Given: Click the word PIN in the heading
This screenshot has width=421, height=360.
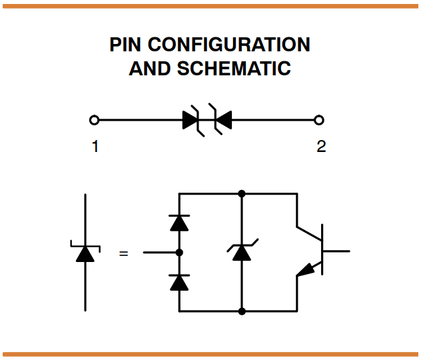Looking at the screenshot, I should point(126,45).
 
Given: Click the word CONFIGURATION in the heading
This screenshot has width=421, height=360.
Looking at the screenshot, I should point(228,45).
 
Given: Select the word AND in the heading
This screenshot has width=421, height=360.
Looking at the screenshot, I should point(151,68).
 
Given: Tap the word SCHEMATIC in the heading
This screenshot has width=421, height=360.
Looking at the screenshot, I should point(234,68).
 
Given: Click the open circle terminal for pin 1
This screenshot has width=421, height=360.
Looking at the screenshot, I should point(95,120).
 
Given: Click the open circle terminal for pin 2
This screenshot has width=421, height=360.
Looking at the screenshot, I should point(319,120).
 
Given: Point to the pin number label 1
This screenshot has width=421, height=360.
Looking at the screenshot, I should point(95,147).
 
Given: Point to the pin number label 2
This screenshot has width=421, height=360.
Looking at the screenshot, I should point(321,147).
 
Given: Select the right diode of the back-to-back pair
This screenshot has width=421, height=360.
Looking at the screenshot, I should point(222,120).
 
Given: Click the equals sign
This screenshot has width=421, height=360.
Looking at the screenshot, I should point(123,253).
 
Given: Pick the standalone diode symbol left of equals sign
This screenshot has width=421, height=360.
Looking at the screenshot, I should point(85,253).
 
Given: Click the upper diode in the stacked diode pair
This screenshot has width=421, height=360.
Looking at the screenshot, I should point(179,223).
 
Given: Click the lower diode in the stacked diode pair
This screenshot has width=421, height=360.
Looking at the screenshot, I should point(179,283).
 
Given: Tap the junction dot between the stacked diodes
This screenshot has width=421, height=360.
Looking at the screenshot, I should point(179,253).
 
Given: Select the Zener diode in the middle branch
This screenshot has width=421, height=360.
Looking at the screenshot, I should point(242,252).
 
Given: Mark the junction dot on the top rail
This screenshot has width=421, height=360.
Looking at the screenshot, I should point(242,193).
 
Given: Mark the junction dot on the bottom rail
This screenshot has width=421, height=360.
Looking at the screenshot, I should point(242,311).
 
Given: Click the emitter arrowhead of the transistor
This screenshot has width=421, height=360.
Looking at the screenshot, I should point(304,269).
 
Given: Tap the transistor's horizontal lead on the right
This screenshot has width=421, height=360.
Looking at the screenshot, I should point(336,251).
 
